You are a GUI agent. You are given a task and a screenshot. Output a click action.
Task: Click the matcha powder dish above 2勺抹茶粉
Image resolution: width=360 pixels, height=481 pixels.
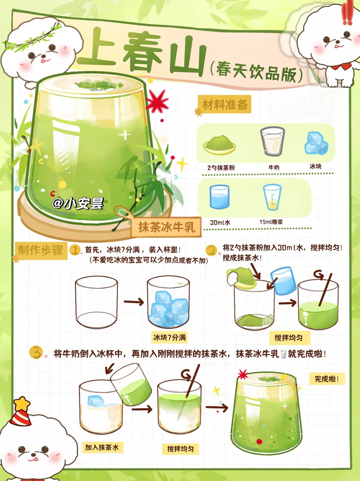pyautogui.click(x=219, y=144)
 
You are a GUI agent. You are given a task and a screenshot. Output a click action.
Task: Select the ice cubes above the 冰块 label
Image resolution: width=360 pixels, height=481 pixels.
pyautogui.click(x=316, y=143)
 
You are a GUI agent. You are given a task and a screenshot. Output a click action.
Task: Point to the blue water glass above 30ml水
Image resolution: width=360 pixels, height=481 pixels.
pyautogui.click(x=219, y=197)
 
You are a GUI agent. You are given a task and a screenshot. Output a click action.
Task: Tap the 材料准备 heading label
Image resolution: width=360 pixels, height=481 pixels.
pyautogui.click(x=225, y=105)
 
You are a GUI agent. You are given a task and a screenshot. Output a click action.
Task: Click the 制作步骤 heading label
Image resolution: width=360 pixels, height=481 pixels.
pyautogui.click(x=41, y=250)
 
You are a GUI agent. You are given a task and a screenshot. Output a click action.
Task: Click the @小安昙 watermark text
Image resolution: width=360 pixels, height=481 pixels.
pyautogui.click(x=78, y=203)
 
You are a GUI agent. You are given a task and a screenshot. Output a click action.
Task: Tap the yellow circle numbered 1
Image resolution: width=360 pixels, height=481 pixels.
pyautogui.click(x=75, y=250)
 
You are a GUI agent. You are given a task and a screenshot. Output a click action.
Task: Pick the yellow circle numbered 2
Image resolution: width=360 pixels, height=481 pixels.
pyautogui.click(x=211, y=250)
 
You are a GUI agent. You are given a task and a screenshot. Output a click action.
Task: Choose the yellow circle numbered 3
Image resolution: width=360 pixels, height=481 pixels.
pyautogui.click(x=36, y=352)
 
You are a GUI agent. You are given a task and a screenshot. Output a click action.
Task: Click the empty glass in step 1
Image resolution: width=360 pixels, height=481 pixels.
pyautogui.click(x=96, y=302)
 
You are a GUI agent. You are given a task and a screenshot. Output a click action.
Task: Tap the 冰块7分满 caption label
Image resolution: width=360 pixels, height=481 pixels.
pyautogui.click(x=169, y=337)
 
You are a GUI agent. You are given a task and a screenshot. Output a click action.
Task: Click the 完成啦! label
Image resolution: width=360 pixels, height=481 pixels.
pyautogui.click(x=327, y=379)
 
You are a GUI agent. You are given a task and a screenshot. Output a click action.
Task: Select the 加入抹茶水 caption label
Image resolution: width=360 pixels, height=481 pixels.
pyautogui.click(x=102, y=447)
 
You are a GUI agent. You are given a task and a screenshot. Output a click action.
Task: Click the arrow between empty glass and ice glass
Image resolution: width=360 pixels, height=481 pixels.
pyautogui.click(x=133, y=302)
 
